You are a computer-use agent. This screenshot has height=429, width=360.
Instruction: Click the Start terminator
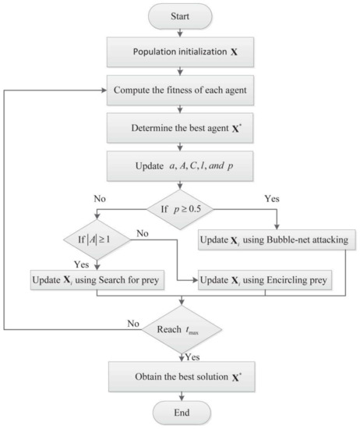click(181, 14)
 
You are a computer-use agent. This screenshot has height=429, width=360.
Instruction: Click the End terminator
click(181, 413)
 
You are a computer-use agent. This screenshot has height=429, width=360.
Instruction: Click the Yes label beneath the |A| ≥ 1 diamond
click(81, 262)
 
